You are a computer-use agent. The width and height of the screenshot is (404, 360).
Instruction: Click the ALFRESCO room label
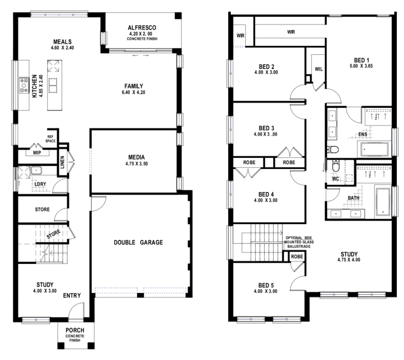(x=142, y=27)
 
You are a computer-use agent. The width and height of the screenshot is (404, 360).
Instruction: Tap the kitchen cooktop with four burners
(x=24, y=85)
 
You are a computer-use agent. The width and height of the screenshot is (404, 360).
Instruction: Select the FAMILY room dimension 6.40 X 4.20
(x=134, y=92)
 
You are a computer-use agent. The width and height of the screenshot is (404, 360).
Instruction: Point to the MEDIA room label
(x=137, y=157)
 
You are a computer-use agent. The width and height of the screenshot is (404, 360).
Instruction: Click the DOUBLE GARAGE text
(x=138, y=242)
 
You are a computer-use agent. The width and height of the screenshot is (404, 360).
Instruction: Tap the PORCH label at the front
(x=75, y=330)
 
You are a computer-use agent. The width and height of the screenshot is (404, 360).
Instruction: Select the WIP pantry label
(x=37, y=153)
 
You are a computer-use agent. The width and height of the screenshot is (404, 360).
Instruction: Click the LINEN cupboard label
(x=62, y=162)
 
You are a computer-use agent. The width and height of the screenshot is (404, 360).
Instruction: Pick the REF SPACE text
(x=50, y=139)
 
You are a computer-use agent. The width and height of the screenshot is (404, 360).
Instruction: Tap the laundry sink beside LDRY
(x=36, y=170)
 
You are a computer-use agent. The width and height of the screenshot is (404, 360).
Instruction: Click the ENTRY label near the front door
(x=72, y=296)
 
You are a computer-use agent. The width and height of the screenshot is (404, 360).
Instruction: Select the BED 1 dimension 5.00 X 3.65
(x=361, y=66)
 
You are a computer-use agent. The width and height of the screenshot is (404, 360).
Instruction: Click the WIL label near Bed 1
(x=319, y=69)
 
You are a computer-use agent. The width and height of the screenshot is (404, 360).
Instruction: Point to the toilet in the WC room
(x=335, y=166)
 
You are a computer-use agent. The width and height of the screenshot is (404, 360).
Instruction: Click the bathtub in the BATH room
(x=383, y=202)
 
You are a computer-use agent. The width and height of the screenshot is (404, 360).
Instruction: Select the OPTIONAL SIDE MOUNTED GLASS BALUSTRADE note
(x=299, y=242)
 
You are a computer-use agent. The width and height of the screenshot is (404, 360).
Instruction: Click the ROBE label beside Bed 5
(x=297, y=257)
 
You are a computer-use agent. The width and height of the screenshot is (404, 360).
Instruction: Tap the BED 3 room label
(x=267, y=128)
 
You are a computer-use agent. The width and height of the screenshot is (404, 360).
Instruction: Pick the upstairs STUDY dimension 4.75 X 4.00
(x=349, y=260)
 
